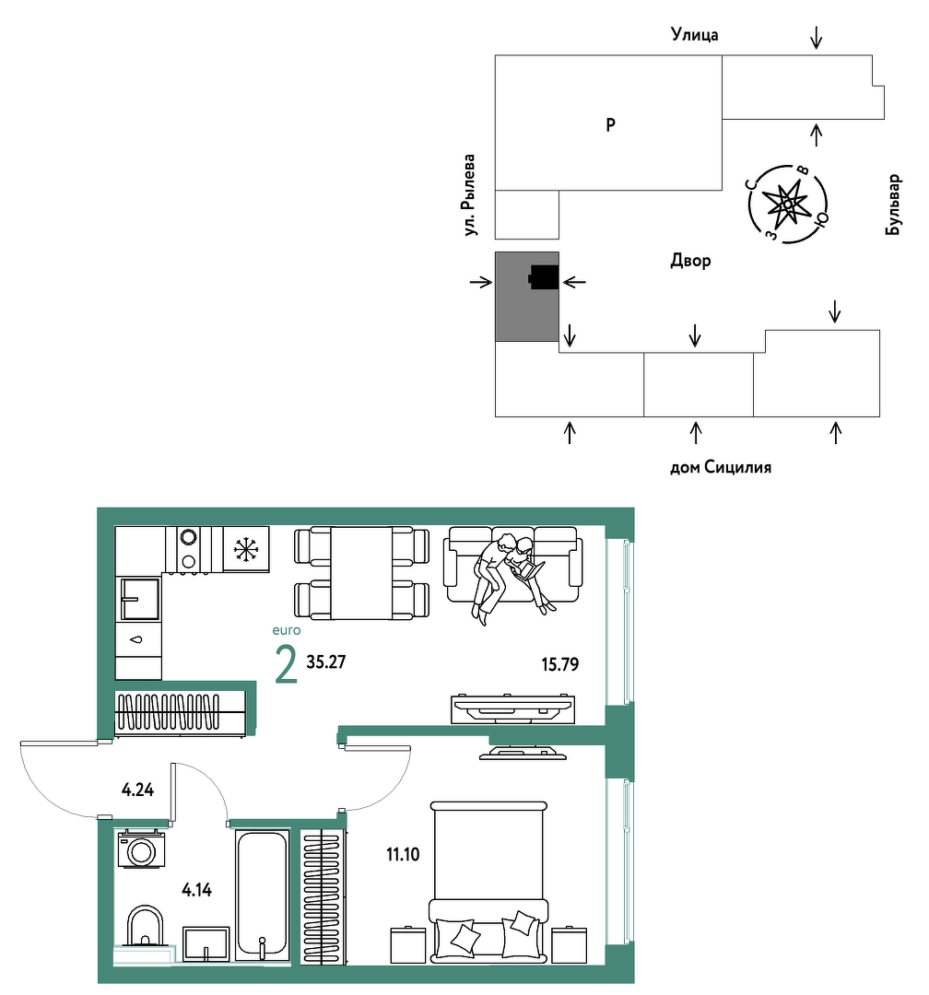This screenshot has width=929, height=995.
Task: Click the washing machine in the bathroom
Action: tap(141, 849)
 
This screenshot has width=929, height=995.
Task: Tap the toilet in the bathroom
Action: tap(145, 926)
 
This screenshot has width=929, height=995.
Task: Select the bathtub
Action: tap(262, 895)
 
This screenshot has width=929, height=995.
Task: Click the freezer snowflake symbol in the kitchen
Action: tap(245, 549)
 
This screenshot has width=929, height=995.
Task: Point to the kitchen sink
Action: tap(140, 599)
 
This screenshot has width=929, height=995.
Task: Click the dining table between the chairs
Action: tap(361, 573)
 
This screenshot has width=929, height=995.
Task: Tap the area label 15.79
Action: tap(559, 664)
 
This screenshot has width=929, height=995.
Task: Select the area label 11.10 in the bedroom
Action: tap(403, 854)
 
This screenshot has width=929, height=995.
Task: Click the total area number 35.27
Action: tap(325, 661)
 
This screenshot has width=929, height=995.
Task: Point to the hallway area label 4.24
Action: tap(138, 790)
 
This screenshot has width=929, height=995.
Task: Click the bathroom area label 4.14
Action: tap(197, 890)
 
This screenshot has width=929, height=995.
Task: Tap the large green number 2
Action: tap(286, 664)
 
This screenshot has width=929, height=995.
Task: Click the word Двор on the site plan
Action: tap(690, 261)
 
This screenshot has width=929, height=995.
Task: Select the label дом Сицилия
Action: tap(721, 468)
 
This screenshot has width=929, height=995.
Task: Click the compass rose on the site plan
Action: tap(787, 205)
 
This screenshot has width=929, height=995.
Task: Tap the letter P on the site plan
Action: tap(610, 125)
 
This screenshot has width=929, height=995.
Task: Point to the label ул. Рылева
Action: tap(468, 194)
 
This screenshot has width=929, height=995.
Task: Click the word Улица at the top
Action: tap(695, 35)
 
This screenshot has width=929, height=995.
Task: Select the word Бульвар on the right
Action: tap(893, 205)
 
